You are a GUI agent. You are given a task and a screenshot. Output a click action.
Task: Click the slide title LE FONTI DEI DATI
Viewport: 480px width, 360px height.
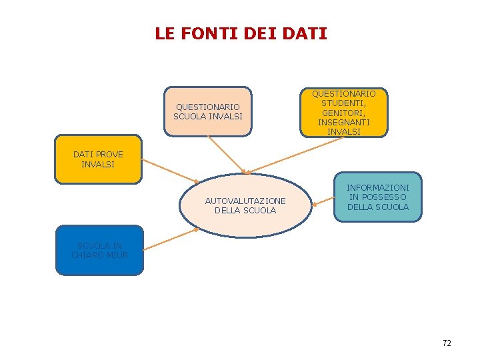(x=241, y=33)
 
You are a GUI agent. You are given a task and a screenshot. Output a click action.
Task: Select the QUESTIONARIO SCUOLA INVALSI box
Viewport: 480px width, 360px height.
(x=208, y=111)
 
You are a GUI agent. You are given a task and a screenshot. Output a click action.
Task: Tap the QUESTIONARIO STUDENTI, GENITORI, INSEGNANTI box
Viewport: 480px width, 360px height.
(x=343, y=113)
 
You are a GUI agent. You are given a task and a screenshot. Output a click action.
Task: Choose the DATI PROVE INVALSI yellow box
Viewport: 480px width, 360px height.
(x=99, y=159)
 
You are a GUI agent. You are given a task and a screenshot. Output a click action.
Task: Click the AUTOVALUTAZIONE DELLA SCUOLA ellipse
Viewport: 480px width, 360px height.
(x=245, y=205)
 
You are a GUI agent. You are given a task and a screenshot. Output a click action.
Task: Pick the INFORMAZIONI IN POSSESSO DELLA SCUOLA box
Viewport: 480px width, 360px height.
(x=378, y=197)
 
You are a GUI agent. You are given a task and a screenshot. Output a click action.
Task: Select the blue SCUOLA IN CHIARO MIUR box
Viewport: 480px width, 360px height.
(x=99, y=250)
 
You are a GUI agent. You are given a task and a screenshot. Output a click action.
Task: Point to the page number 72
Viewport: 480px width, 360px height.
(x=447, y=343)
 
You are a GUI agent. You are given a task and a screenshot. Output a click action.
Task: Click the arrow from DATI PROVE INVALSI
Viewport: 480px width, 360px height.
(x=171, y=171)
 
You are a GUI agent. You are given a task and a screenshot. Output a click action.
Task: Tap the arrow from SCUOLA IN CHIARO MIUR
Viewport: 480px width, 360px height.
(x=171, y=239)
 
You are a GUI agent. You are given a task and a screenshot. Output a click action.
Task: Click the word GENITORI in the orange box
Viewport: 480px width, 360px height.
(x=344, y=113)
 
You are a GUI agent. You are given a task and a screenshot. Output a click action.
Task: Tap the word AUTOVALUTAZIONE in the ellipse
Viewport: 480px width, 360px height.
(x=245, y=201)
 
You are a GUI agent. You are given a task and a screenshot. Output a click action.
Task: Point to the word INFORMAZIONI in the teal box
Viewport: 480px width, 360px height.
(x=378, y=188)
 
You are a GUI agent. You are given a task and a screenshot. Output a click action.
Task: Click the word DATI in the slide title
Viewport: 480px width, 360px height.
(x=305, y=33)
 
